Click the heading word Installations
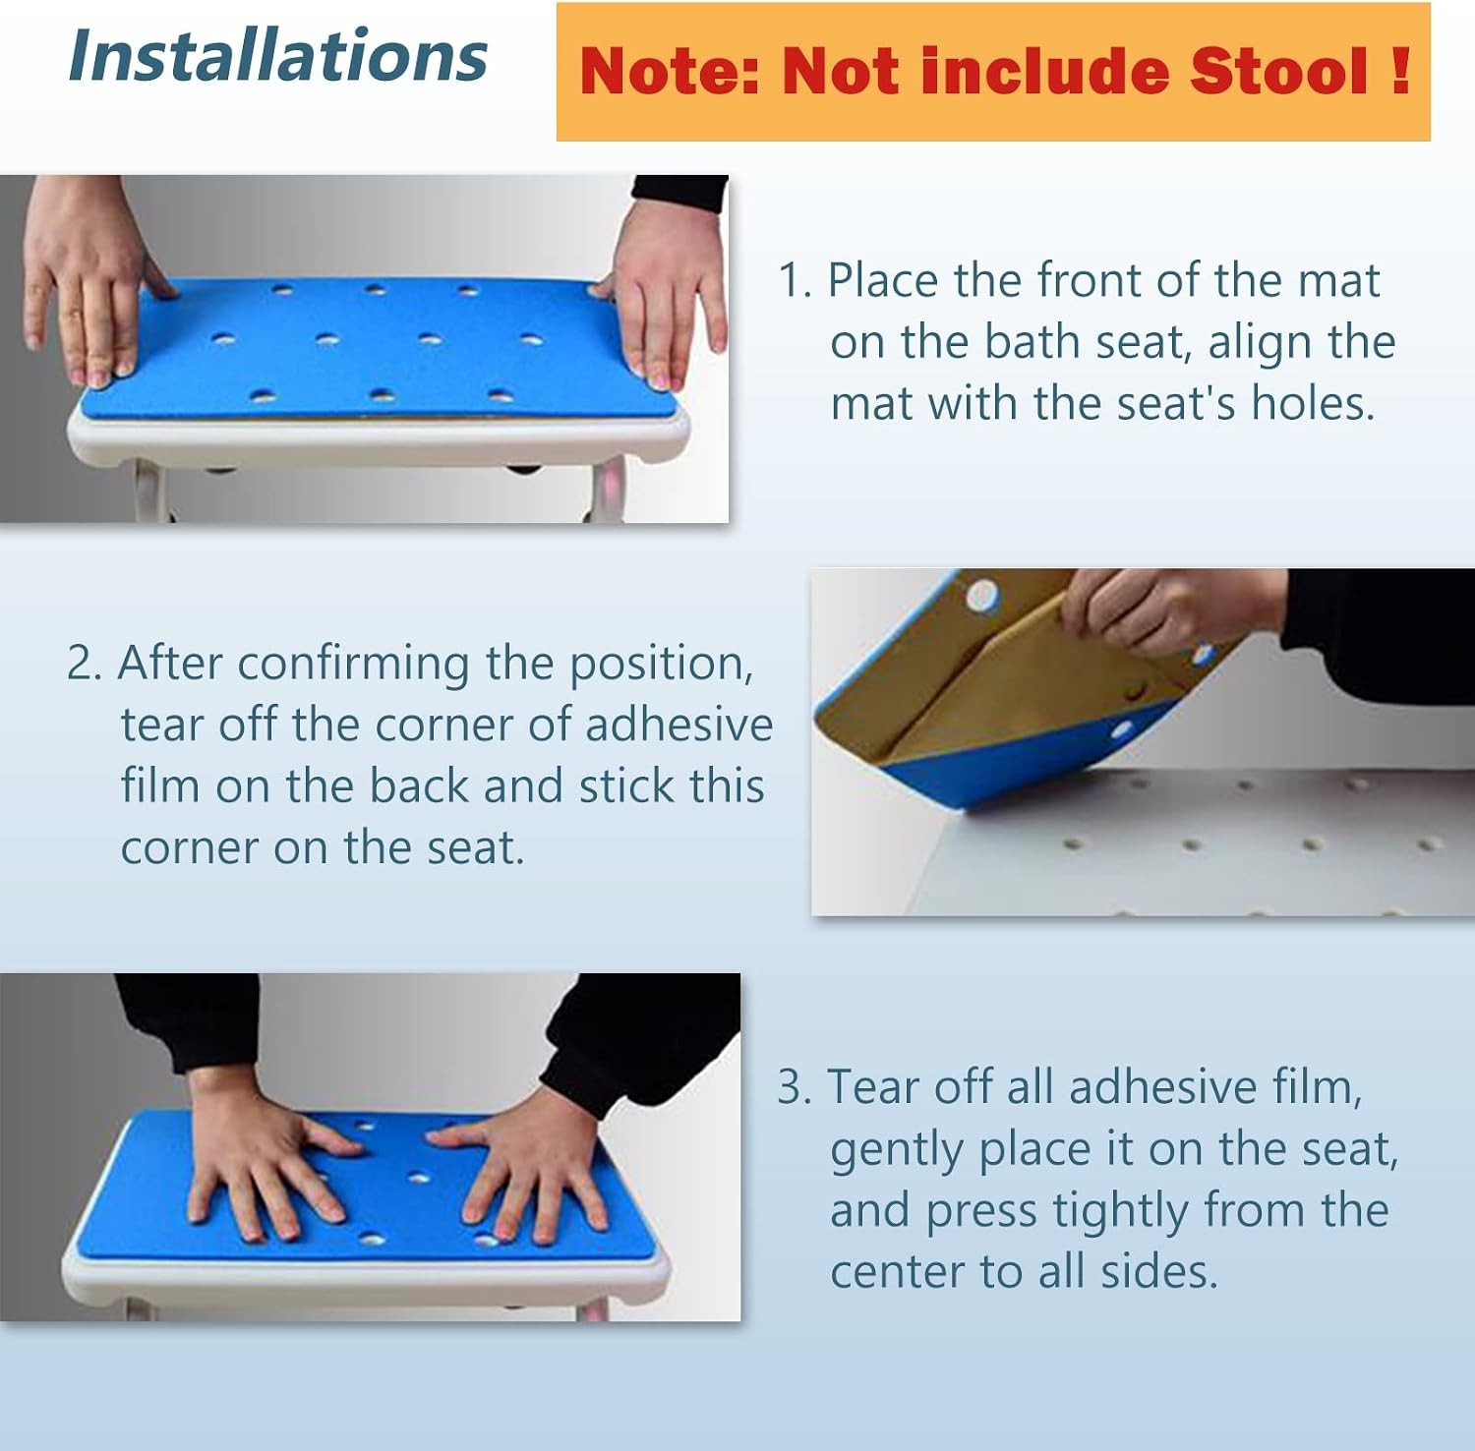pos(278,55)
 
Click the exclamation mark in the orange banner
pos(1401,71)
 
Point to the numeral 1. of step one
pos(795,280)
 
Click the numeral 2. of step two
pos(85,664)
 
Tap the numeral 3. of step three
pos(795,1088)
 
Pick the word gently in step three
pos(897,1152)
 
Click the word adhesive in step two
pos(679,725)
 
